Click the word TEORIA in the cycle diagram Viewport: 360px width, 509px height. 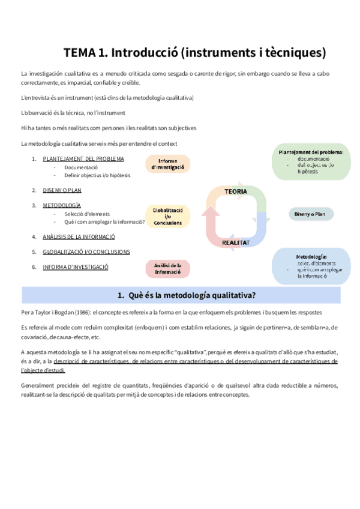pyautogui.click(x=236, y=191)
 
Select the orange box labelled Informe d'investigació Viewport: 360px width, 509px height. pyautogui.click(x=168, y=164)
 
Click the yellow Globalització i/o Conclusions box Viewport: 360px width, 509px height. pyautogui.click(x=168, y=216)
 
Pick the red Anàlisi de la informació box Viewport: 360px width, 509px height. pyautogui.click(x=168, y=268)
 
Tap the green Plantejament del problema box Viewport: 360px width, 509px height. pyautogui.click(x=311, y=161)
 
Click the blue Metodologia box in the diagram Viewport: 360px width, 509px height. pyautogui.click(x=311, y=266)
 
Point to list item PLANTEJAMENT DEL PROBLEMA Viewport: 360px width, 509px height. pyautogui.click(x=83, y=158)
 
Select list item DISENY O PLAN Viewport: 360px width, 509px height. pyautogui.click(x=62, y=190)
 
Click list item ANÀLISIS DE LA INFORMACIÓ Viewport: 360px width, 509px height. pyautogui.click(x=79, y=236)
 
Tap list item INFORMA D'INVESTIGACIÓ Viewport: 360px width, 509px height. pyautogui.click(x=76, y=267)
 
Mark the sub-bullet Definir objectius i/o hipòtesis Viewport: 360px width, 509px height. pyautogui.click(x=97, y=175)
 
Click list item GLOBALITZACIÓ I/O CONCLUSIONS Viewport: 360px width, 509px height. pyautogui.click(x=86, y=251)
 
